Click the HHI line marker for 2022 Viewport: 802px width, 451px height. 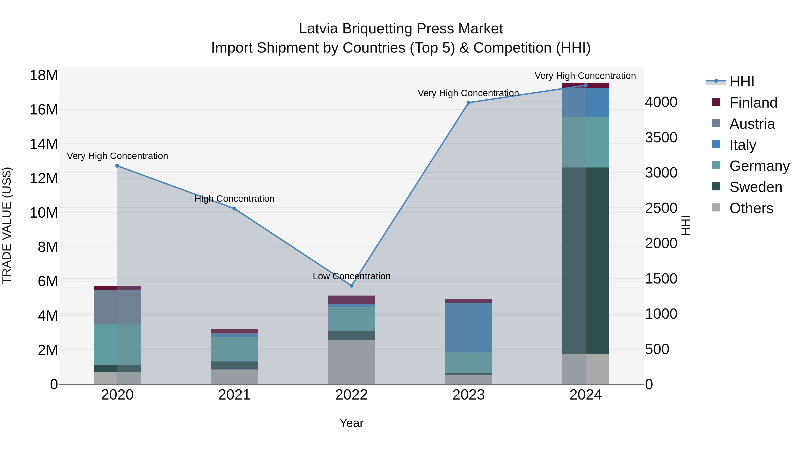(x=352, y=286)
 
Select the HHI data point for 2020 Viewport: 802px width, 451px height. (x=117, y=166)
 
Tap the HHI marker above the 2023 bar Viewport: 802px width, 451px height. (x=469, y=103)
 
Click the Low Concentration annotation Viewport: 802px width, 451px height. (x=352, y=276)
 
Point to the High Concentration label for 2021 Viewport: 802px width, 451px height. (x=234, y=199)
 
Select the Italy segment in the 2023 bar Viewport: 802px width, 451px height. (x=469, y=327)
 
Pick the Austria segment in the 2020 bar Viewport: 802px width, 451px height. (x=117, y=307)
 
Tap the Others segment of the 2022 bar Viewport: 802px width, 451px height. (x=352, y=362)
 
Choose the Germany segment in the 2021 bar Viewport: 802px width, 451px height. (x=234, y=349)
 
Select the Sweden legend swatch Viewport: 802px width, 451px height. (x=716, y=186)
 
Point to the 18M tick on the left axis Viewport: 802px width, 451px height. (x=44, y=75)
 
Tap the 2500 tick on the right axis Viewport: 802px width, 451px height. (x=661, y=208)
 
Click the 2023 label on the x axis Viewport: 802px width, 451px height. (x=469, y=395)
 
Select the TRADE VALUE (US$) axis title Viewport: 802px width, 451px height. (x=7, y=225)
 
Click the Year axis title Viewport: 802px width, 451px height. (x=352, y=423)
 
